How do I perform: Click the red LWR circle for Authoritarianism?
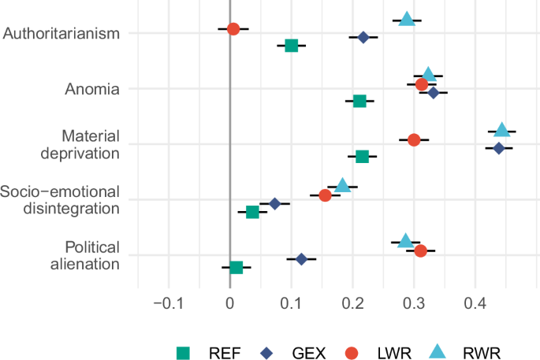233,29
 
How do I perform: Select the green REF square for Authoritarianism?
292,46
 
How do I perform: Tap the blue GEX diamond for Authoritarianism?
363,37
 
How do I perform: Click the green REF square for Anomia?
359,101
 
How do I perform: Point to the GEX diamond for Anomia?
433,93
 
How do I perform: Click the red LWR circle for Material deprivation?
414,139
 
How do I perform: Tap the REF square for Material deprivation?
362,157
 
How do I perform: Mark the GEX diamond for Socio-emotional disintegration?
275,203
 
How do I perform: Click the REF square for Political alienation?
236,268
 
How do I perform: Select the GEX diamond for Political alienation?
301,258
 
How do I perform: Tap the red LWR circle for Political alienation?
420,251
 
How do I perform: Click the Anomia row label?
91,88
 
